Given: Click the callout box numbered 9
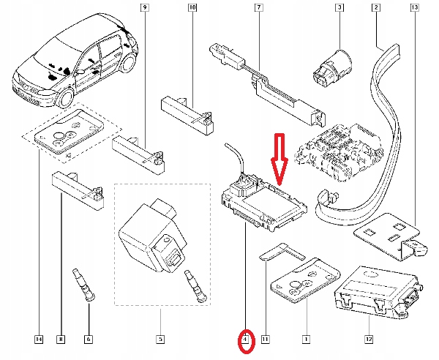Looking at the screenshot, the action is pos(144,7).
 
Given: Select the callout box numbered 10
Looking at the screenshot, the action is pos(192,7).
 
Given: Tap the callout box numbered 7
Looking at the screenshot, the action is pos(259,7).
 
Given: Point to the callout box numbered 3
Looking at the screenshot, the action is pos(339,7).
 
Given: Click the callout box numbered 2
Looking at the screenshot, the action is pos(376,7).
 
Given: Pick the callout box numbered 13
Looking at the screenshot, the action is pos(415,7).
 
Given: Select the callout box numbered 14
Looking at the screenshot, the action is pos(39,340).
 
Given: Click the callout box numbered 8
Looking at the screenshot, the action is pos(61,340).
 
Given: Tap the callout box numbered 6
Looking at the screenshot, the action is pos(89,340).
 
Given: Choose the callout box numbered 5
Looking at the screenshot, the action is pos(160,340).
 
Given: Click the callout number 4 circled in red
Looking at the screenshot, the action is pos(245,340).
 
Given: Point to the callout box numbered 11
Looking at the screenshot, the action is pos(265,340).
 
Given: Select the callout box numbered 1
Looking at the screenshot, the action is pos(306,340).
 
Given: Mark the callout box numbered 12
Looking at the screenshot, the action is pos(369,340).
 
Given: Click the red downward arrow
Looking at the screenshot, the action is pos(279,160).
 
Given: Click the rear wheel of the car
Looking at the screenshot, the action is pos(129,64).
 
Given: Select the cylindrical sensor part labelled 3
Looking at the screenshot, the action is pos(331,67).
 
